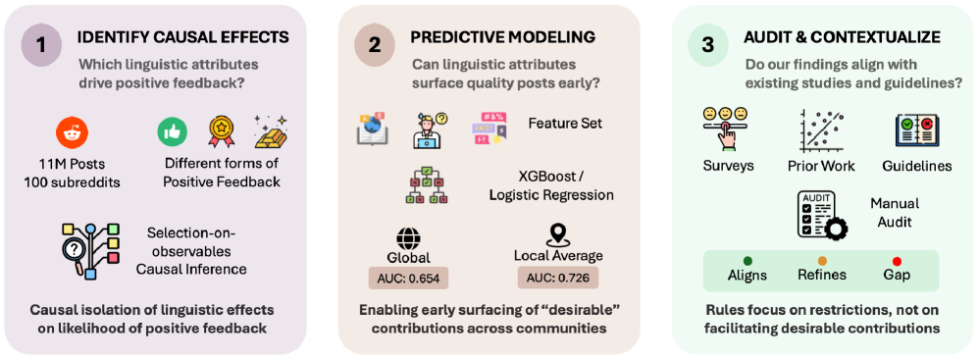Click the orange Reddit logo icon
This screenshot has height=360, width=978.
coord(72,132)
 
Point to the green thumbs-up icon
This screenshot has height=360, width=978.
coord(169,131)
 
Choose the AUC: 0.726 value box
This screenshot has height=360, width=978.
coord(557,278)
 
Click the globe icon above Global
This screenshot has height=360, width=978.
coord(409,237)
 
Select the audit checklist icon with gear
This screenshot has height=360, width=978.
coord(821,216)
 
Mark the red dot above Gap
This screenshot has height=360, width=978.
coord(897,261)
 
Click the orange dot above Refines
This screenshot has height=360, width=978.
coord(822,261)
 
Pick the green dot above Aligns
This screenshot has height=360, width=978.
coord(747,261)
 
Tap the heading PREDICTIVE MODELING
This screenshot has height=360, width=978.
coord(502,37)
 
